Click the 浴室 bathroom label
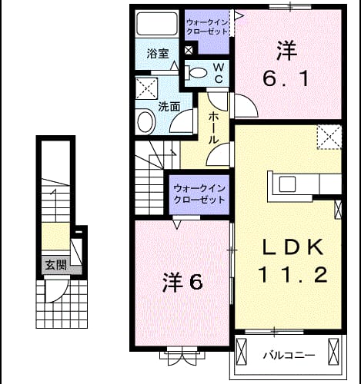click(157, 54)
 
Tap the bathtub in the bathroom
click(157, 24)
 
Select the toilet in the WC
click(196, 72)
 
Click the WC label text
click(219, 73)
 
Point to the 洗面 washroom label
click(169, 107)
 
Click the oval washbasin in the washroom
click(146, 122)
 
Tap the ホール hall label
click(213, 127)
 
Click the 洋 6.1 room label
click(286, 65)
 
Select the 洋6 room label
click(182, 283)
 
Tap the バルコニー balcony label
click(289, 355)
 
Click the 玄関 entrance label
click(56, 265)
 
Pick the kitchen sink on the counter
click(288, 184)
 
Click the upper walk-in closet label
click(207, 27)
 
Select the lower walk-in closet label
click(199, 194)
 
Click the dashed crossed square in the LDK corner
click(329, 137)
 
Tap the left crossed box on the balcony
click(241, 351)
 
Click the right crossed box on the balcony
click(334, 351)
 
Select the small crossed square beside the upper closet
click(189, 50)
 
